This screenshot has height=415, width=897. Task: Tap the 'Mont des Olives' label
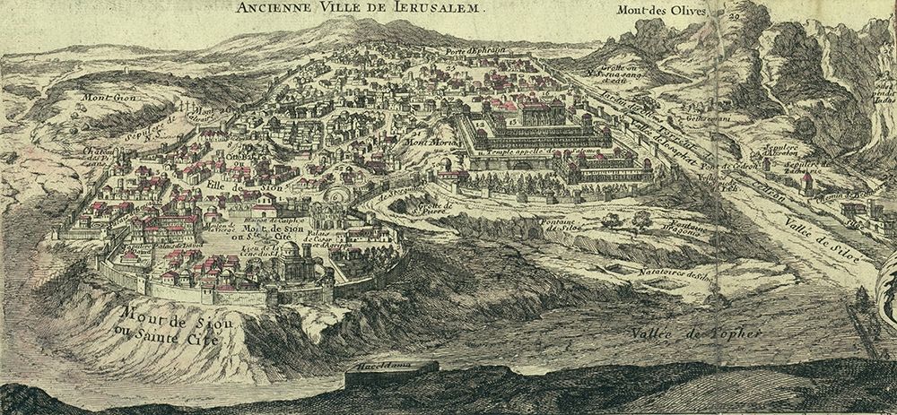(x=662, y=12)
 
